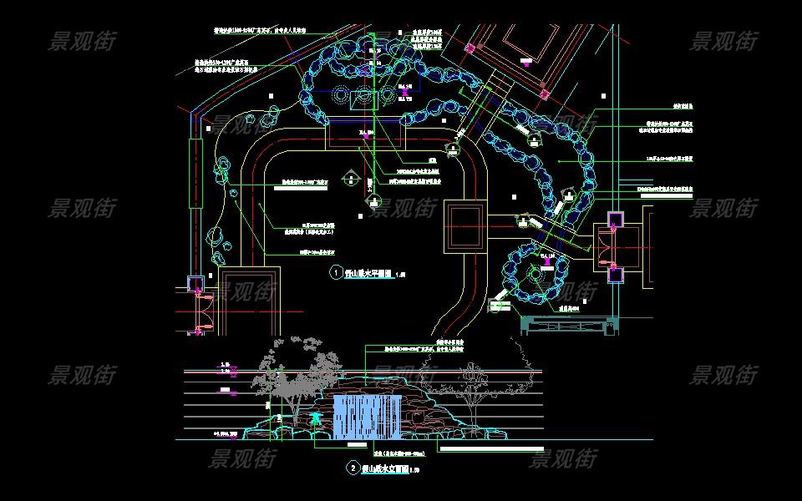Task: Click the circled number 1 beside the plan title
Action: pyautogui.click(x=337, y=273)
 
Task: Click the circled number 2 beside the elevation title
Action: pyautogui.click(x=353, y=469)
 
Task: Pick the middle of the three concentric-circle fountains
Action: pyautogui.click(x=365, y=97)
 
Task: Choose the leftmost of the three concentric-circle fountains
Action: pyautogui.click(x=342, y=97)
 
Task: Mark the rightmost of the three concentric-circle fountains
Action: pyautogui.click(x=388, y=97)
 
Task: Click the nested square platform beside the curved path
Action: pyautogui.click(x=463, y=225)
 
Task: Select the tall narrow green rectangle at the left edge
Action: pyautogui.click(x=196, y=174)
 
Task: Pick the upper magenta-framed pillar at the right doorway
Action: pyautogui.click(x=615, y=220)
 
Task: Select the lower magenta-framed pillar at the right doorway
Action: pyautogui.click(x=615, y=273)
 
